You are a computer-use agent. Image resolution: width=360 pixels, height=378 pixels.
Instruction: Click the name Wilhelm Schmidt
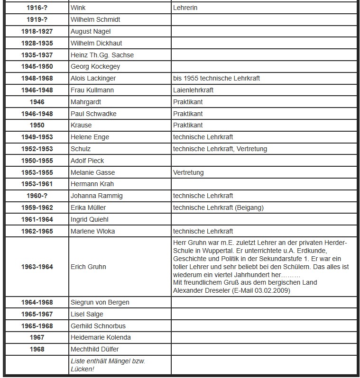pyautogui.click(x=95, y=19)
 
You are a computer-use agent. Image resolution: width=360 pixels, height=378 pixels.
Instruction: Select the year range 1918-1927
pyautogui.click(x=37, y=31)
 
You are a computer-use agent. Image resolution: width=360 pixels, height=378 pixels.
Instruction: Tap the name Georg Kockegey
pyautogui.click(x=95, y=67)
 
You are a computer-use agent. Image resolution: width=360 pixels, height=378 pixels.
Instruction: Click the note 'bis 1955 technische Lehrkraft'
pyautogui.click(x=216, y=78)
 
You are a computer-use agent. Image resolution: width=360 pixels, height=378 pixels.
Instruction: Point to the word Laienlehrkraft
pyautogui.click(x=193, y=90)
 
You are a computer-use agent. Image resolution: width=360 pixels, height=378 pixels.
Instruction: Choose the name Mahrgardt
pyautogui.click(x=85, y=102)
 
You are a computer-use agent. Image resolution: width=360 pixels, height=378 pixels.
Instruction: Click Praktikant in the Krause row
pyautogui.click(x=187, y=125)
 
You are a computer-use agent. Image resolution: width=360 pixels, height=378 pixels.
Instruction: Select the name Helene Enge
pyautogui.click(x=90, y=137)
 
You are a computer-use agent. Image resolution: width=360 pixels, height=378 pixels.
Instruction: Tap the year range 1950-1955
pyautogui.click(x=37, y=161)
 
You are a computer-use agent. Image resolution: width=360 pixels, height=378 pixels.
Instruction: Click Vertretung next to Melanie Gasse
pyautogui.click(x=188, y=172)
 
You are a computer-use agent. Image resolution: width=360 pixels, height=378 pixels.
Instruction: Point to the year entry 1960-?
pyautogui.click(x=37, y=196)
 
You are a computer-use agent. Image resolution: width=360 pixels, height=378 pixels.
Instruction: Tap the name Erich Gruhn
pyautogui.click(x=88, y=267)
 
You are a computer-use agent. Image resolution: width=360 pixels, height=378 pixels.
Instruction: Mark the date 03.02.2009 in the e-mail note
pyautogui.click(x=272, y=290)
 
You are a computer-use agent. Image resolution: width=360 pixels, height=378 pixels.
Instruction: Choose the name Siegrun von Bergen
pyautogui.click(x=100, y=302)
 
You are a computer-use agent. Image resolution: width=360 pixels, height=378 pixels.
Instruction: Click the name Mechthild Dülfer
pyautogui.click(x=94, y=349)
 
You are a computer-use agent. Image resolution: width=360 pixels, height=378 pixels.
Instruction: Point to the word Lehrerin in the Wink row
pyautogui.click(x=185, y=8)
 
